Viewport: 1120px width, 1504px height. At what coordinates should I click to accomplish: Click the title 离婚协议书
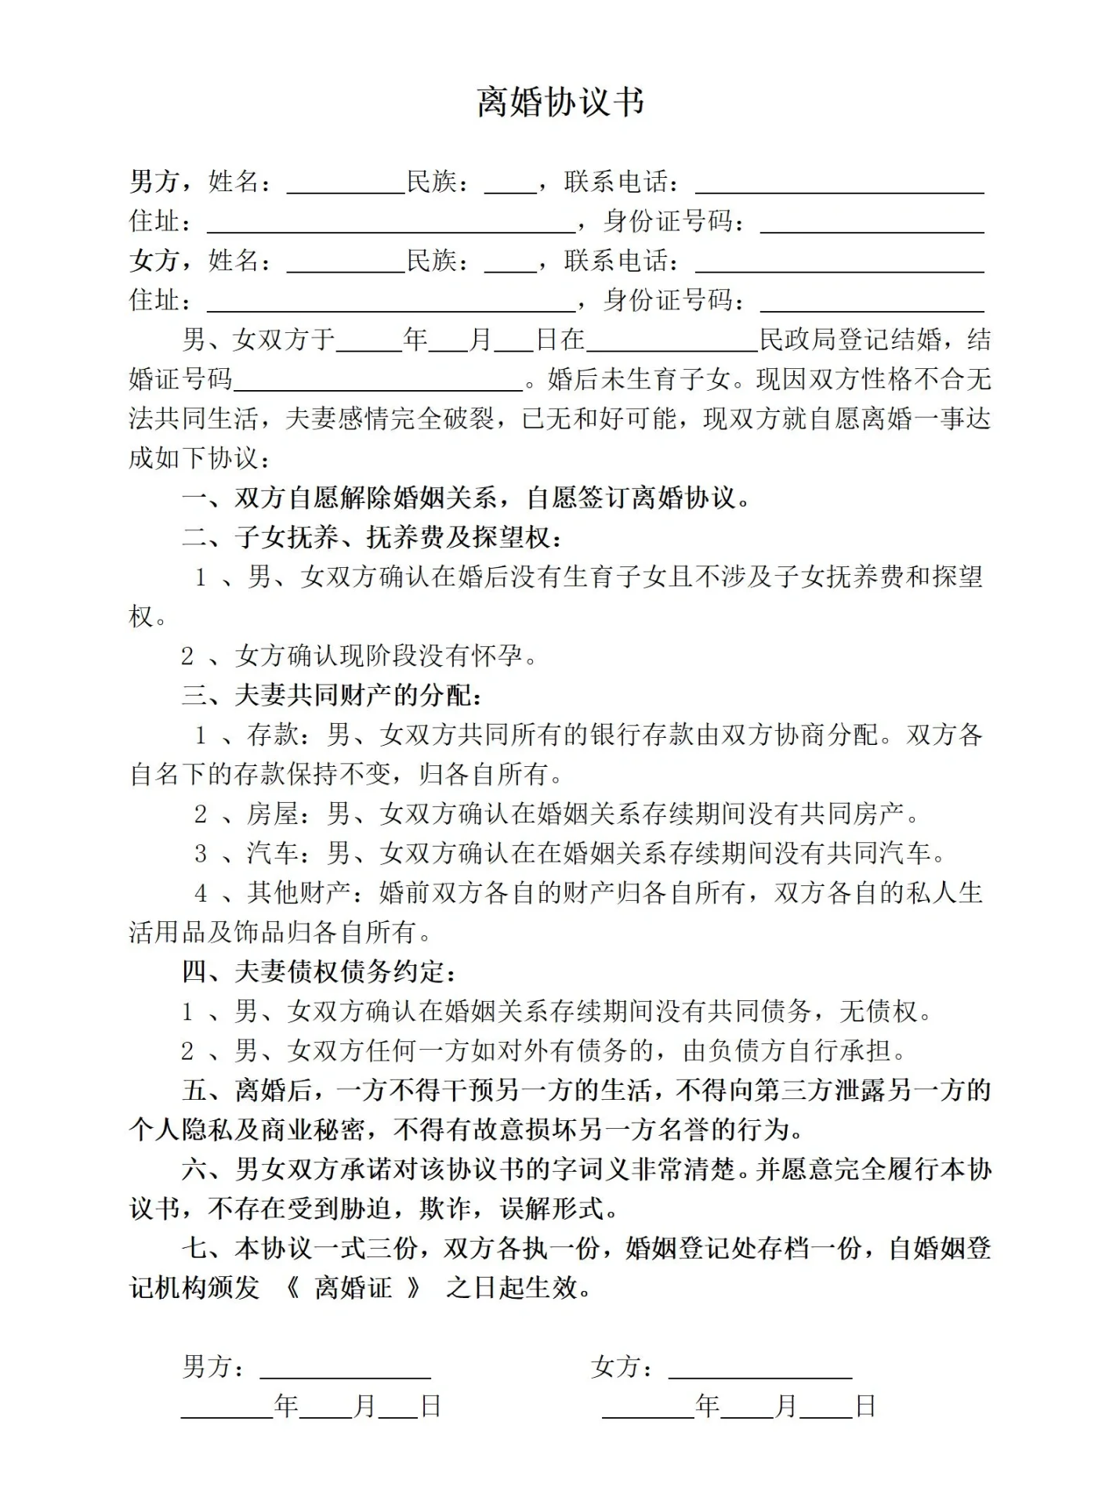click(x=560, y=102)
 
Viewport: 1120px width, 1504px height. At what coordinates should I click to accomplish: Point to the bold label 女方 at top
click(x=154, y=260)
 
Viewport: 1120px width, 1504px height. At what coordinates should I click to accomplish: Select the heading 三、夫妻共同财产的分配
click(x=332, y=695)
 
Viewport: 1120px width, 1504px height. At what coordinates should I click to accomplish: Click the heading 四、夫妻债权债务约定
click(x=319, y=971)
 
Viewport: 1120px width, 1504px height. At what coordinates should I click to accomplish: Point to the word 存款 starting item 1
click(x=273, y=735)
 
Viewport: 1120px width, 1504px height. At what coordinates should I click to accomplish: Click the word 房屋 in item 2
click(x=273, y=814)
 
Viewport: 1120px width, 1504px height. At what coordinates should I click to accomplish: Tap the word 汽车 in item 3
click(x=273, y=853)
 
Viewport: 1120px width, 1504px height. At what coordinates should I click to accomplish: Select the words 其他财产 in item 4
click(x=299, y=892)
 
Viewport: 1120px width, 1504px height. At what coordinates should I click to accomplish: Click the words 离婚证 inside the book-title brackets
click(x=353, y=1288)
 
